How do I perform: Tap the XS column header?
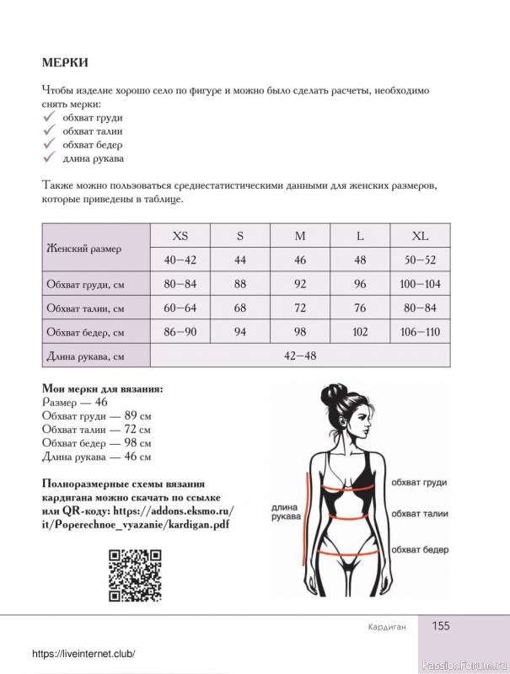tap(180, 236)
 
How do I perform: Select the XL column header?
tap(420, 236)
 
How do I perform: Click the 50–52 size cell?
tap(420, 260)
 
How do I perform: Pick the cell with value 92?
tap(299, 284)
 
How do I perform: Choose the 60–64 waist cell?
tap(180, 308)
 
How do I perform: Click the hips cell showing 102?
tap(360, 332)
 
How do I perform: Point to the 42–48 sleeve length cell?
tap(300, 356)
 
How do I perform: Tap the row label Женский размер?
tap(83, 249)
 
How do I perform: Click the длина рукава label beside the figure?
tap(283, 513)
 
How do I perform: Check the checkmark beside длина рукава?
tap(49, 158)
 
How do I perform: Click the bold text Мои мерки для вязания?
tap(102, 389)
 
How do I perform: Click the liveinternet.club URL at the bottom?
tap(83, 655)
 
